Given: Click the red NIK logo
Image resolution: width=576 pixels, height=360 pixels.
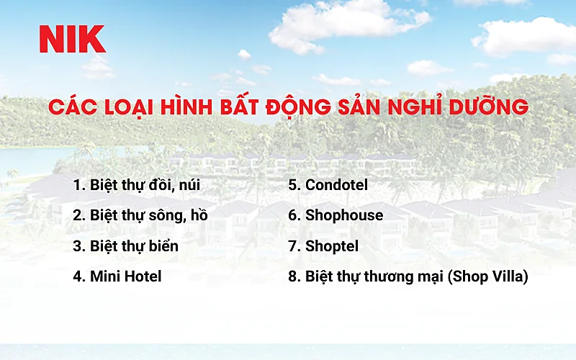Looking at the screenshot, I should coord(73,39).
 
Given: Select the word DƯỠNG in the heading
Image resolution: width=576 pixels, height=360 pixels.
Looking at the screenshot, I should coord(489,107).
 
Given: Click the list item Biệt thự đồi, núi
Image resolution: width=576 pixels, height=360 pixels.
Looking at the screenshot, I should coord(145,185).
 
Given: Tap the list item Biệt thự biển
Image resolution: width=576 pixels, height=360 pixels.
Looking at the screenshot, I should coord(134,246).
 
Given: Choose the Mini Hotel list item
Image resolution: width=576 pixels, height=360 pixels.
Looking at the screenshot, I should coord(125,276).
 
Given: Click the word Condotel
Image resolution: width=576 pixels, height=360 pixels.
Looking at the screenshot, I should coord(336,185).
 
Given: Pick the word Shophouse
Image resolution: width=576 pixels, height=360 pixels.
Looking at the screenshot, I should coord(344,215).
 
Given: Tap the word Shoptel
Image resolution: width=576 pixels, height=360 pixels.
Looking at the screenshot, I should coord(332,246).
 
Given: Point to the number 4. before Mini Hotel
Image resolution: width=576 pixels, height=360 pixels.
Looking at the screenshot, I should coord(79,276).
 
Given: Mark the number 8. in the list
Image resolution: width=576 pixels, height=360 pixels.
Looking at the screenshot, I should coord(294,276).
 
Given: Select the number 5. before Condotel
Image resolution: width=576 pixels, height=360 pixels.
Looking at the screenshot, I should coord(294,185).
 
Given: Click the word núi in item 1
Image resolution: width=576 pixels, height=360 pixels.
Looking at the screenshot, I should coord(188,185).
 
